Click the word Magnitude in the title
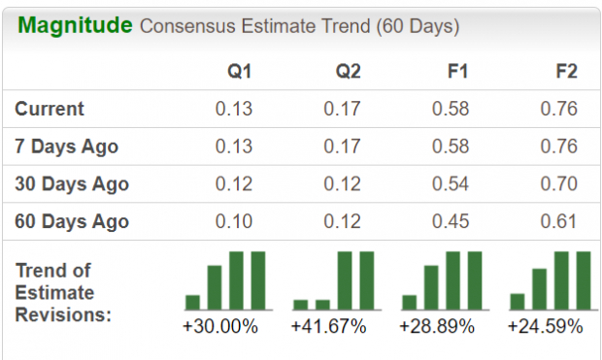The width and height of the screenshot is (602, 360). (75, 25)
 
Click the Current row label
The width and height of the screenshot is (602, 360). (50, 109)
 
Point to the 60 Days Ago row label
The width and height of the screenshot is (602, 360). (71, 221)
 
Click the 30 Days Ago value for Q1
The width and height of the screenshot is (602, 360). (233, 183)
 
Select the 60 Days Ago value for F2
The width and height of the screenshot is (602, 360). (558, 221)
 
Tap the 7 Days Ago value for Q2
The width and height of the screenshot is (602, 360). (342, 147)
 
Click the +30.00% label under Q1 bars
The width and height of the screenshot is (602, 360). (221, 326)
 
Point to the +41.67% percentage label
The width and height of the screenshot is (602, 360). (329, 326)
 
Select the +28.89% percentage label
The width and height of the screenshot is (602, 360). (437, 326)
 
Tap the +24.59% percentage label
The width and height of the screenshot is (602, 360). (546, 326)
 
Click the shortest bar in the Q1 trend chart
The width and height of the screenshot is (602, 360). (192, 302)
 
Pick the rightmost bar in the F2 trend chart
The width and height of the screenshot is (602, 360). (584, 280)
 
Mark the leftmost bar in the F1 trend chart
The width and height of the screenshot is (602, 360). (409, 302)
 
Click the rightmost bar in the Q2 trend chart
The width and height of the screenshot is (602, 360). (367, 280)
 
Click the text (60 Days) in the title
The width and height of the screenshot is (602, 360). (418, 26)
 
